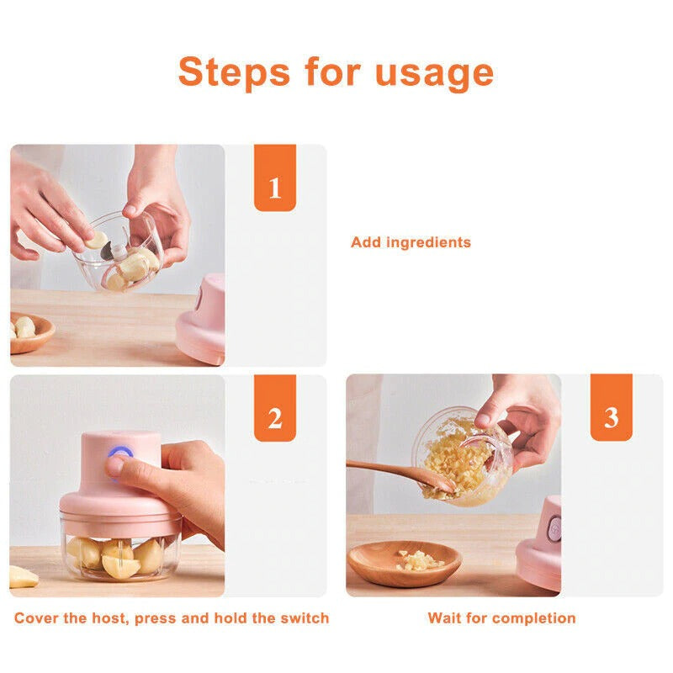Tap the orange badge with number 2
[275, 419]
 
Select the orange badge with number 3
[611, 418]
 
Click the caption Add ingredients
[411, 242]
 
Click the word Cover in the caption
[38, 618]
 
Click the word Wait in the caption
[446, 618]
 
